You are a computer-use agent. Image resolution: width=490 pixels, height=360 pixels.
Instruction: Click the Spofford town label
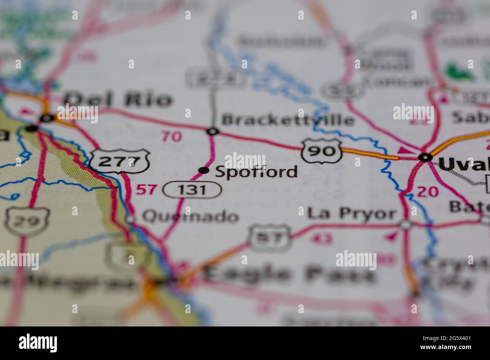coord(256,172)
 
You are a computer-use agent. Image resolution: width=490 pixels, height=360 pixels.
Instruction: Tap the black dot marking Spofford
coord(204,171)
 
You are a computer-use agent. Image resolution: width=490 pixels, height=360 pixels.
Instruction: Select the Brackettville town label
coord(288,120)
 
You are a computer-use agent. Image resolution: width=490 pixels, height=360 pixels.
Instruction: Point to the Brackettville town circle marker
coord(213,131)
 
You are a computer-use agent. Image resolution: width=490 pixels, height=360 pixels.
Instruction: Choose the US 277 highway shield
coord(120,161)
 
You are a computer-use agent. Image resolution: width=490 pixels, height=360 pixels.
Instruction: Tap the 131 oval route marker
coord(192,190)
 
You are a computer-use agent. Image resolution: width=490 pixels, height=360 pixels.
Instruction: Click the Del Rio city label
coord(118,100)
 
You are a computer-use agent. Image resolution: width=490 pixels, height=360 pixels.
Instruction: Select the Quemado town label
coord(190,217)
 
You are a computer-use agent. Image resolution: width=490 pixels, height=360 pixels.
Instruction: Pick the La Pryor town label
coord(352,214)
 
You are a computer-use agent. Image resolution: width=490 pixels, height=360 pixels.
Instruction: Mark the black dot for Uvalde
coord(426,158)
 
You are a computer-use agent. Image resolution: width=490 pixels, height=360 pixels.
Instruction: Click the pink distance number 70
coord(172,136)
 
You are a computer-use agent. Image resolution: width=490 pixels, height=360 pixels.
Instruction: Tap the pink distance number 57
coord(145,189)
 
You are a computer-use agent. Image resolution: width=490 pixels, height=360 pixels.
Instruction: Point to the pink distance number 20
coord(428,192)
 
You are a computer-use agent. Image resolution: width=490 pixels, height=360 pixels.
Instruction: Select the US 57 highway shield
coord(270,238)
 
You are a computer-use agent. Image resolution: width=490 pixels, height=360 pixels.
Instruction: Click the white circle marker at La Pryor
coord(406,225)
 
